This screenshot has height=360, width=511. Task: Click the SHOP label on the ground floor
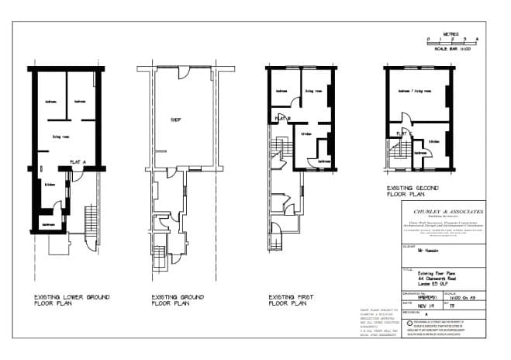(175, 120)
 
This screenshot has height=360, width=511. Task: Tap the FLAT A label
(78, 161)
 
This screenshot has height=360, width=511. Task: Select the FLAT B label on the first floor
(278, 119)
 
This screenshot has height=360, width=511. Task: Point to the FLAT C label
(402, 133)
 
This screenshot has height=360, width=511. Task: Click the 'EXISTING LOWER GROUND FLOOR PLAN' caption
(64, 300)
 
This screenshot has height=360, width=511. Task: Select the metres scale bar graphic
(452, 41)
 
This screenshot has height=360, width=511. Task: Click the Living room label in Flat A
(62, 137)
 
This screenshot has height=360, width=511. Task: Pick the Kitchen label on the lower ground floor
(50, 185)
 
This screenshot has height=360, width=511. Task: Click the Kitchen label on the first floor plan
(306, 133)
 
